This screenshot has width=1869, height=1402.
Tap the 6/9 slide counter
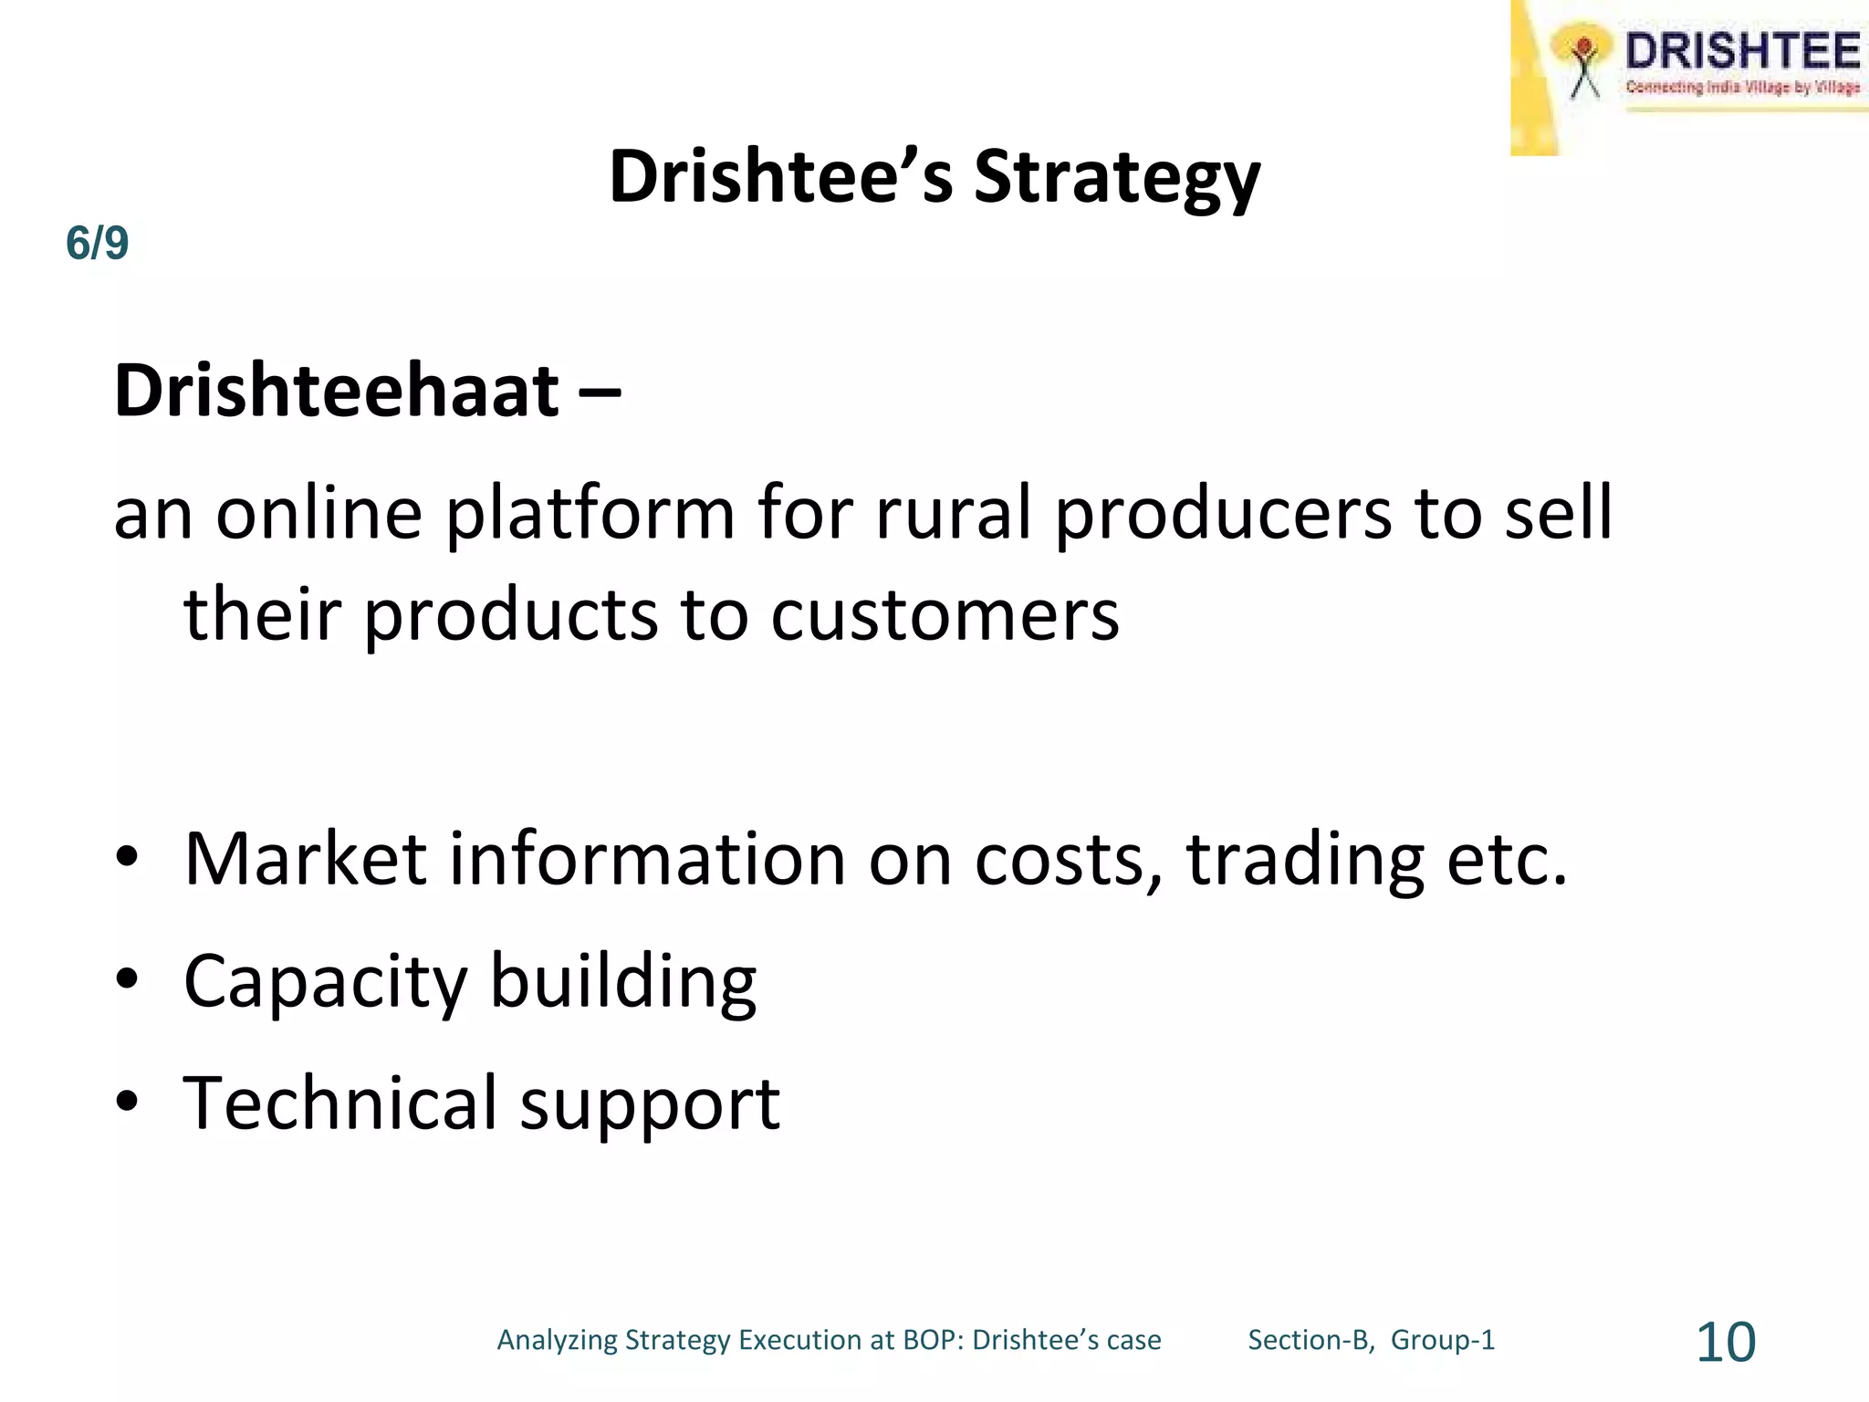97,244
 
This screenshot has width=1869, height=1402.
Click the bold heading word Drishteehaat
336,391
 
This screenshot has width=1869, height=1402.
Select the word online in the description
319,513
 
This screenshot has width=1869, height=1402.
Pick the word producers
1223,515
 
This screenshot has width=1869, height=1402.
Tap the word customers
945,615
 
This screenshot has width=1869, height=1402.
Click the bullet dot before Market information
127,858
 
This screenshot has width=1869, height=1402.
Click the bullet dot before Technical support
127,1102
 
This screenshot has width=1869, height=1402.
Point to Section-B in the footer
1310,1340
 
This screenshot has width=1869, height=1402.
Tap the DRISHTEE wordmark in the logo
1742,51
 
